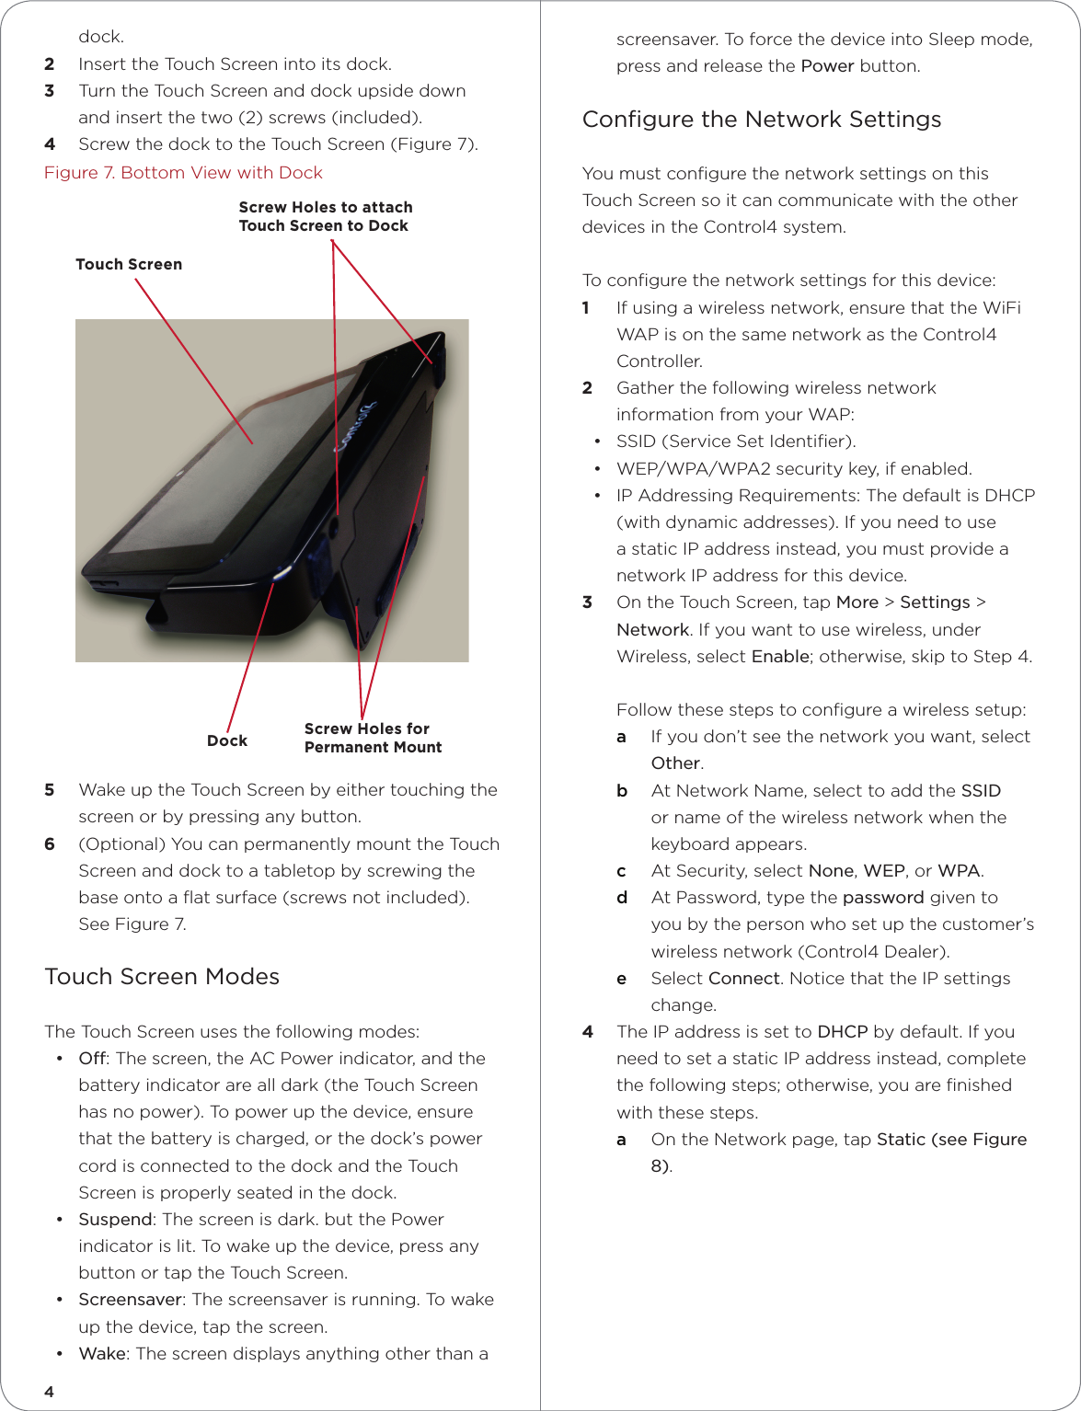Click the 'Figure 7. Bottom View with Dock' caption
click(x=183, y=173)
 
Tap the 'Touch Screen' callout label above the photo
click(x=129, y=265)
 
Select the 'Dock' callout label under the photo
click(x=227, y=741)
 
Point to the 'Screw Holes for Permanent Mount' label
click(x=373, y=738)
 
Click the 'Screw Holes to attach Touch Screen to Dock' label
click(x=325, y=217)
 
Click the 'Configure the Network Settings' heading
click(x=762, y=120)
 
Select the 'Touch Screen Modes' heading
click(x=162, y=977)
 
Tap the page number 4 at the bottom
click(x=50, y=1392)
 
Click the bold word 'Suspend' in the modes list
click(x=115, y=1220)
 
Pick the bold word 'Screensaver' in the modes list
click(x=130, y=1300)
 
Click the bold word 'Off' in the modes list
click(x=92, y=1059)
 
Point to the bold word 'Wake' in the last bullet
click(x=101, y=1354)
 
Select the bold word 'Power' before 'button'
click(x=827, y=66)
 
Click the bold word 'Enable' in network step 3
click(x=780, y=657)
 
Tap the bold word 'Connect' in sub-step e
click(x=744, y=979)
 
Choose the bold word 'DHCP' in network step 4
click(x=842, y=1032)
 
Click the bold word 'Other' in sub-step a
click(x=675, y=763)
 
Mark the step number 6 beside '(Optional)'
click(x=50, y=844)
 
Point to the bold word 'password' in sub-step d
click(x=882, y=898)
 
